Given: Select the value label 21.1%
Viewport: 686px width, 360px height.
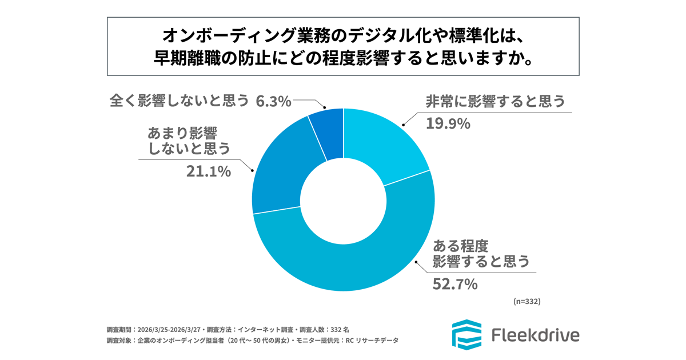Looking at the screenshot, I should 209,171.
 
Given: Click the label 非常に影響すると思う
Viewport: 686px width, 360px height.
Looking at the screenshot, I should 495,102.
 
